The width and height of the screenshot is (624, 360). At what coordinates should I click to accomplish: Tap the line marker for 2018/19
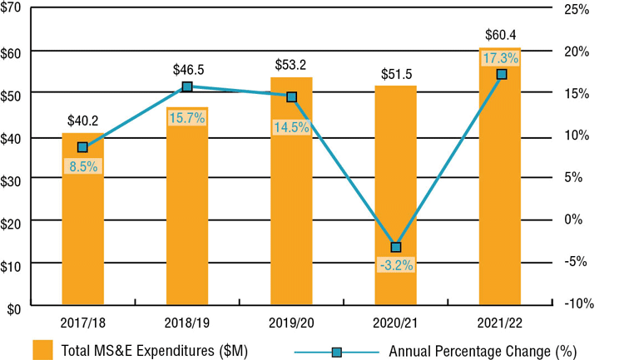pos(187,86)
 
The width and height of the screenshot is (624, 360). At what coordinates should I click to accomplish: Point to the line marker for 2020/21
pos(396,247)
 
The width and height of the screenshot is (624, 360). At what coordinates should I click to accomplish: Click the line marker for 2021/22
pos(501,75)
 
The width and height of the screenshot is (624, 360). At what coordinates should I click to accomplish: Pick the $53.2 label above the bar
pos(291,64)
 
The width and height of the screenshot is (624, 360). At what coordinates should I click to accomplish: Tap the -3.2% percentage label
pos(396,265)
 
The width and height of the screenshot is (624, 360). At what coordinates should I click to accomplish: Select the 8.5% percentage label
pos(83,165)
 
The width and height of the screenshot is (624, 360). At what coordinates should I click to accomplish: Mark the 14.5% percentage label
pos(291,127)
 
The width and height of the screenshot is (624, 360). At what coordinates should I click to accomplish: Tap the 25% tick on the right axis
pos(575,9)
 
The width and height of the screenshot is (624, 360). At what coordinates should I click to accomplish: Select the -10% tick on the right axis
pos(577,303)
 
